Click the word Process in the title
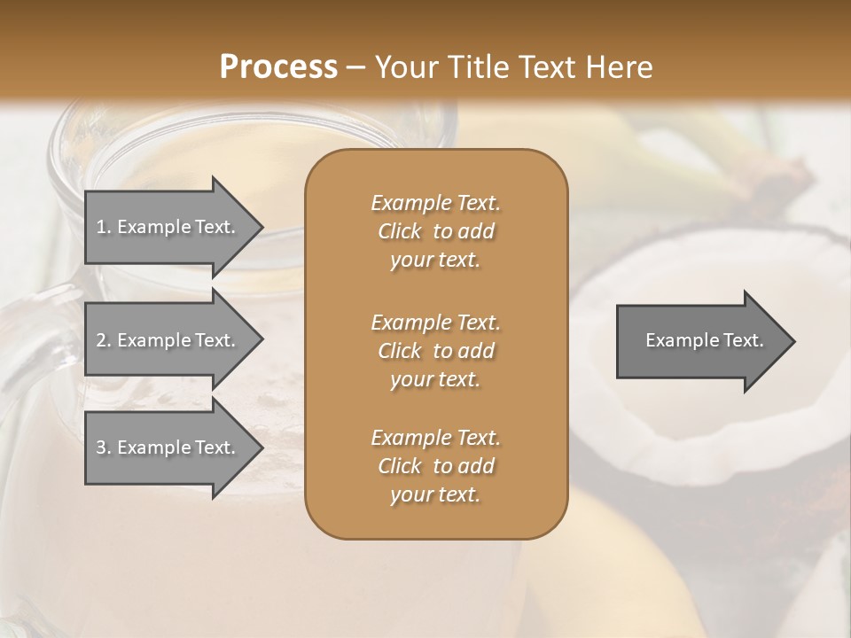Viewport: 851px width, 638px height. pyautogui.click(x=278, y=67)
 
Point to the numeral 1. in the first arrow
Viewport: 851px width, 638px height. pyautogui.click(x=103, y=227)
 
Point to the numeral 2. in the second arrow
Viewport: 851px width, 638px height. pyautogui.click(x=103, y=340)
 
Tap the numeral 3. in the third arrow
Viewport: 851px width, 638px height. pyautogui.click(x=103, y=447)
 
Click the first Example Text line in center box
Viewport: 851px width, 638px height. pyautogui.click(x=435, y=203)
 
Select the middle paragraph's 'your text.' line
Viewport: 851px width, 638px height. pyautogui.click(x=435, y=379)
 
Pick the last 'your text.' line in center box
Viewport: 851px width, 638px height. pyautogui.click(x=435, y=494)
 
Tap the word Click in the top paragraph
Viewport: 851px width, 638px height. pyautogui.click(x=400, y=231)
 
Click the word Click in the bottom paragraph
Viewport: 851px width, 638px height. pyautogui.click(x=400, y=466)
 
